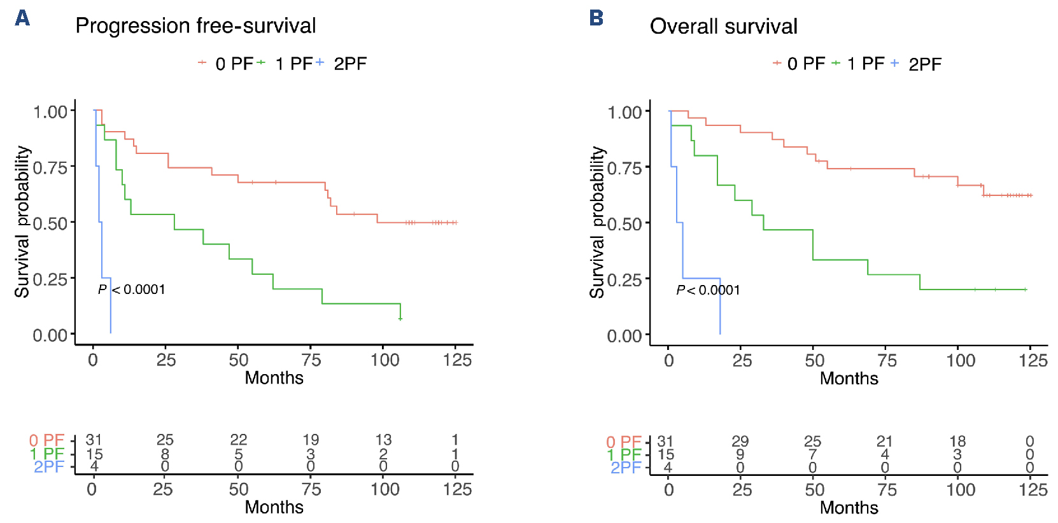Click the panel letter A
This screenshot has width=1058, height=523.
click(22, 18)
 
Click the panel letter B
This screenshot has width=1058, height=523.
click(596, 18)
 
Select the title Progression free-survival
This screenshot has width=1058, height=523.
click(195, 26)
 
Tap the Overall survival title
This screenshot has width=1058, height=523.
click(723, 27)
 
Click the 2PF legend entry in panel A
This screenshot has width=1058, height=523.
click(349, 64)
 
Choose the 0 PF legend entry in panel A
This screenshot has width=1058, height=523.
click(234, 64)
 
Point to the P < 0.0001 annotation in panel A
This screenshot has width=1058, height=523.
click(132, 289)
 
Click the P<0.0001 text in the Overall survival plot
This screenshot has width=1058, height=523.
click(708, 290)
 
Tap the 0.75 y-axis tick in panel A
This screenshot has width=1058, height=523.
click(50, 167)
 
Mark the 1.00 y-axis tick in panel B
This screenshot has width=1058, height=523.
click(624, 113)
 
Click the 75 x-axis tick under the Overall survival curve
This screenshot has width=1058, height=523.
click(887, 361)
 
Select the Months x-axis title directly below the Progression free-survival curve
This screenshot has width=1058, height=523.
click(274, 378)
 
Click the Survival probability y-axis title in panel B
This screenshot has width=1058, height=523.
click(597, 223)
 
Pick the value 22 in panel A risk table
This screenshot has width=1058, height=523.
click(239, 440)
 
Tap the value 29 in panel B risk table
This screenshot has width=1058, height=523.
click(740, 441)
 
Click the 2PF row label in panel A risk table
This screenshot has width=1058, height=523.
click(49, 467)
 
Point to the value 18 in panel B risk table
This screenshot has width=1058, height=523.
click(957, 441)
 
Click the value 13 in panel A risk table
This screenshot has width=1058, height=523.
click(383, 440)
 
